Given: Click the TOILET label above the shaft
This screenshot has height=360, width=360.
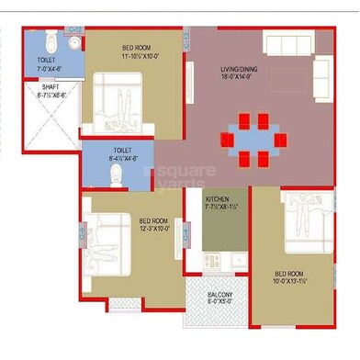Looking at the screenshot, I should coord(33,60).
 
